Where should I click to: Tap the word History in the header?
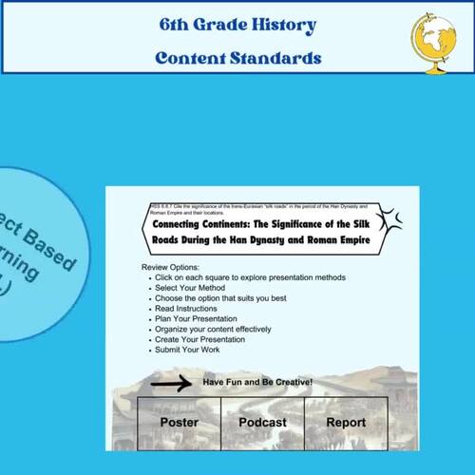pos(282,25)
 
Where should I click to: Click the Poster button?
pos(179,422)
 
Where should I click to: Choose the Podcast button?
pos(262,422)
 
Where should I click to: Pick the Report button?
pos(346,422)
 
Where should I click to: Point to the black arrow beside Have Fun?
pos(170,383)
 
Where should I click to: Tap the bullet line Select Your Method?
pos(190,288)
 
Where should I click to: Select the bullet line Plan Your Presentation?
pos(197,319)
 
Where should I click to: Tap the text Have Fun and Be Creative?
pos(257,382)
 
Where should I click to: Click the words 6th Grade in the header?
pos(199,25)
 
